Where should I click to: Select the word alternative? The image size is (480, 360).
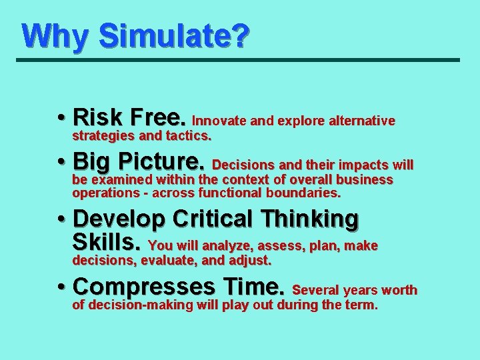click(363, 121)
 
